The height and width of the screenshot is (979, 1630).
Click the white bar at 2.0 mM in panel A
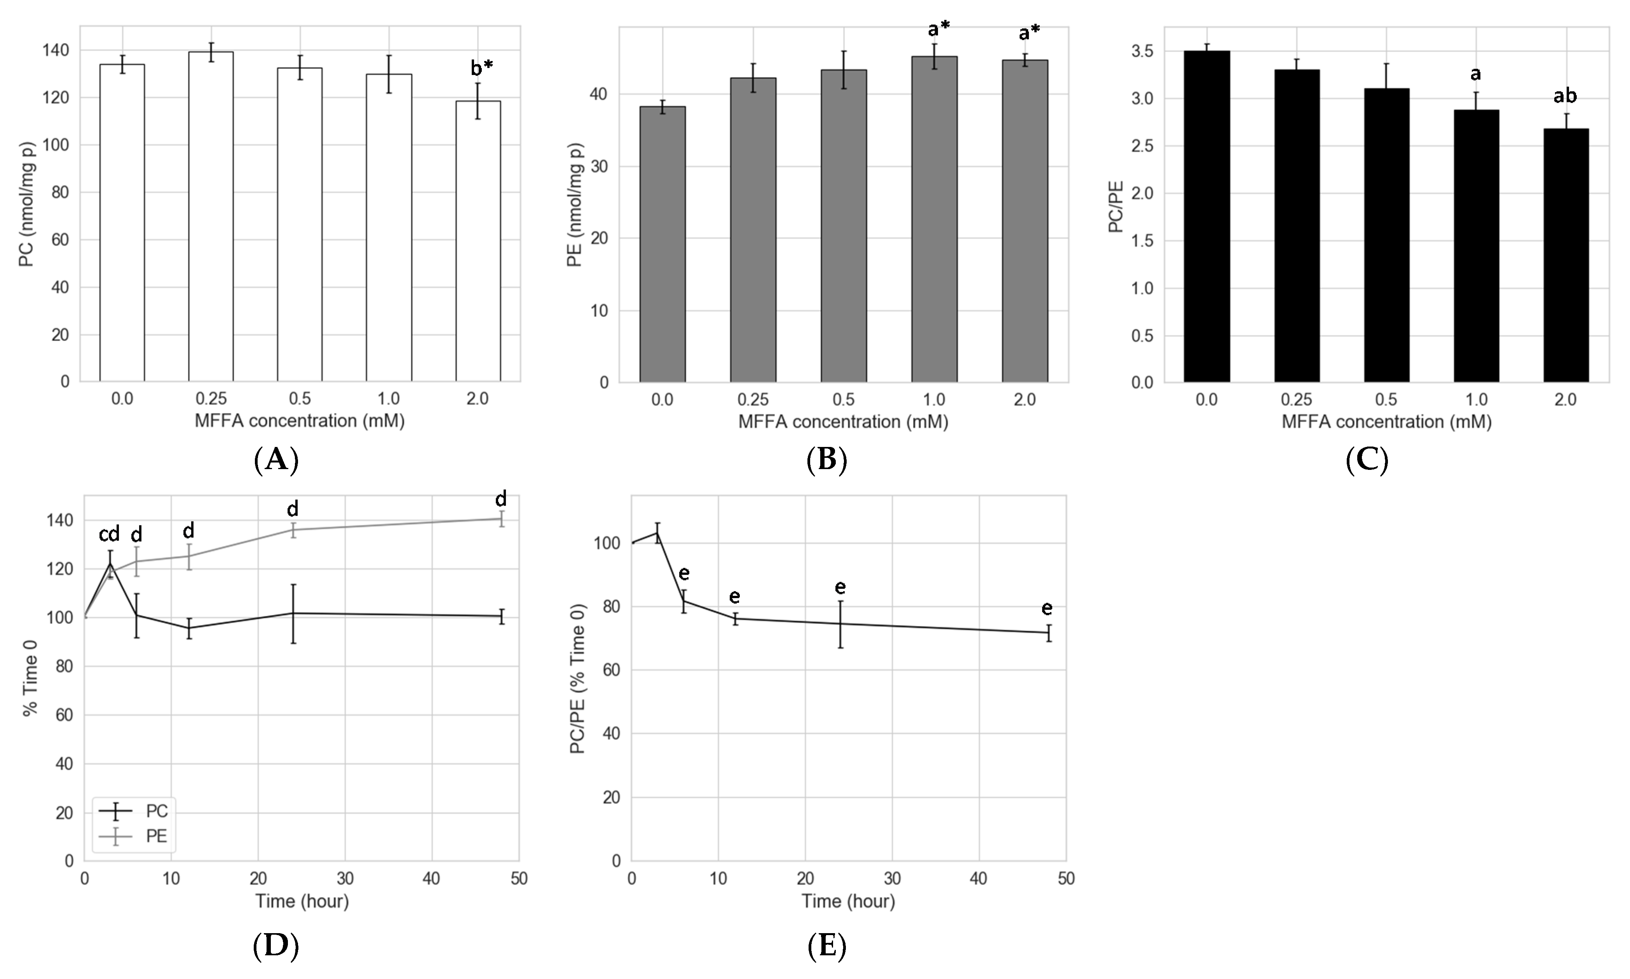(478, 241)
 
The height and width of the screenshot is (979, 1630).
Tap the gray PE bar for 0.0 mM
(662, 244)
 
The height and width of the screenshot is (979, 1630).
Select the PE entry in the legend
(156, 836)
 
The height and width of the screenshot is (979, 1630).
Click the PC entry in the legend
(156, 811)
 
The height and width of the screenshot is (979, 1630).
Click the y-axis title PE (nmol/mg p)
(575, 204)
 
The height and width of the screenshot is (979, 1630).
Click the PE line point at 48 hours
(502, 518)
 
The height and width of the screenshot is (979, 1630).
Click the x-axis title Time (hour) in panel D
(302, 901)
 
